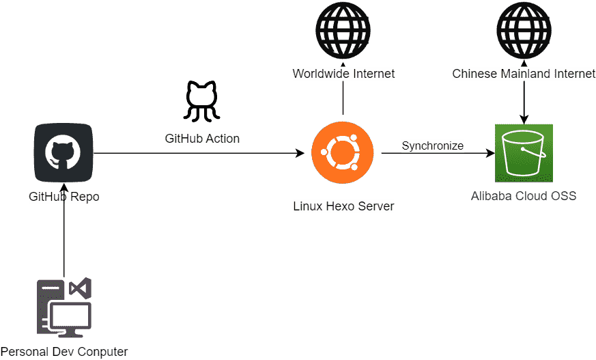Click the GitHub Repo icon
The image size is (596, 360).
tap(63, 152)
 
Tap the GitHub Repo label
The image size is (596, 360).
tap(63, 197)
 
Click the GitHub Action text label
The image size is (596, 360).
tap(202, 138)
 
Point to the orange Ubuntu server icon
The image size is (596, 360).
tap(343, 153)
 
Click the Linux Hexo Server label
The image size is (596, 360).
tap(343, 206)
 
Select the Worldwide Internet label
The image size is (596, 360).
tap(343, 73)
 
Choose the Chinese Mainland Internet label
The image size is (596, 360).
tap(524, 73)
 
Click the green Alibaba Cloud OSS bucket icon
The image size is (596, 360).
tap(524, 153)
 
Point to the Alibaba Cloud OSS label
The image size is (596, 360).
tap(524, 196)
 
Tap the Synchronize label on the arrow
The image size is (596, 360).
tap(432, 146)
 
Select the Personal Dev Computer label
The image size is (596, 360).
tap(64, 352)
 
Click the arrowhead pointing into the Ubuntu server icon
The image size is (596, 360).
tap(300, 153)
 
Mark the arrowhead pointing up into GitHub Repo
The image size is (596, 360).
tap(63, 186)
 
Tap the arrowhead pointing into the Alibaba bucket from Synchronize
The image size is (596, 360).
tap(490, 153)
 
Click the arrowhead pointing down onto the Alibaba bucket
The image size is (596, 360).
tap(524, 120)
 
